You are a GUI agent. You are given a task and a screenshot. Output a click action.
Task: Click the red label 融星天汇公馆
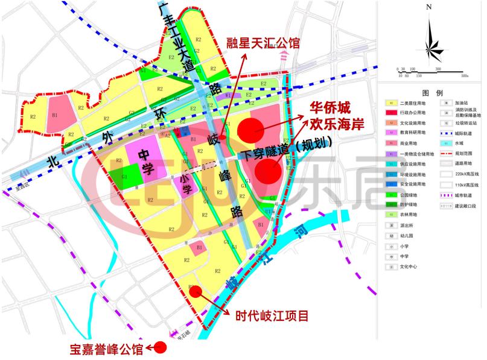[x=263, y=44]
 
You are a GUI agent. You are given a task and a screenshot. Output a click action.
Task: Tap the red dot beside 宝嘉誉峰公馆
[x=160, y=347]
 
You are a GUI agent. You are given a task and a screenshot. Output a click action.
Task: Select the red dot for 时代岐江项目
[x=195, y=291]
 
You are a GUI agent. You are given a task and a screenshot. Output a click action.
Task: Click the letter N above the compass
[x=428, y=7]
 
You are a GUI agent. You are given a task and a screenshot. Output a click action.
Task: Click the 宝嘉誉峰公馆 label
[x=106, y=349]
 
